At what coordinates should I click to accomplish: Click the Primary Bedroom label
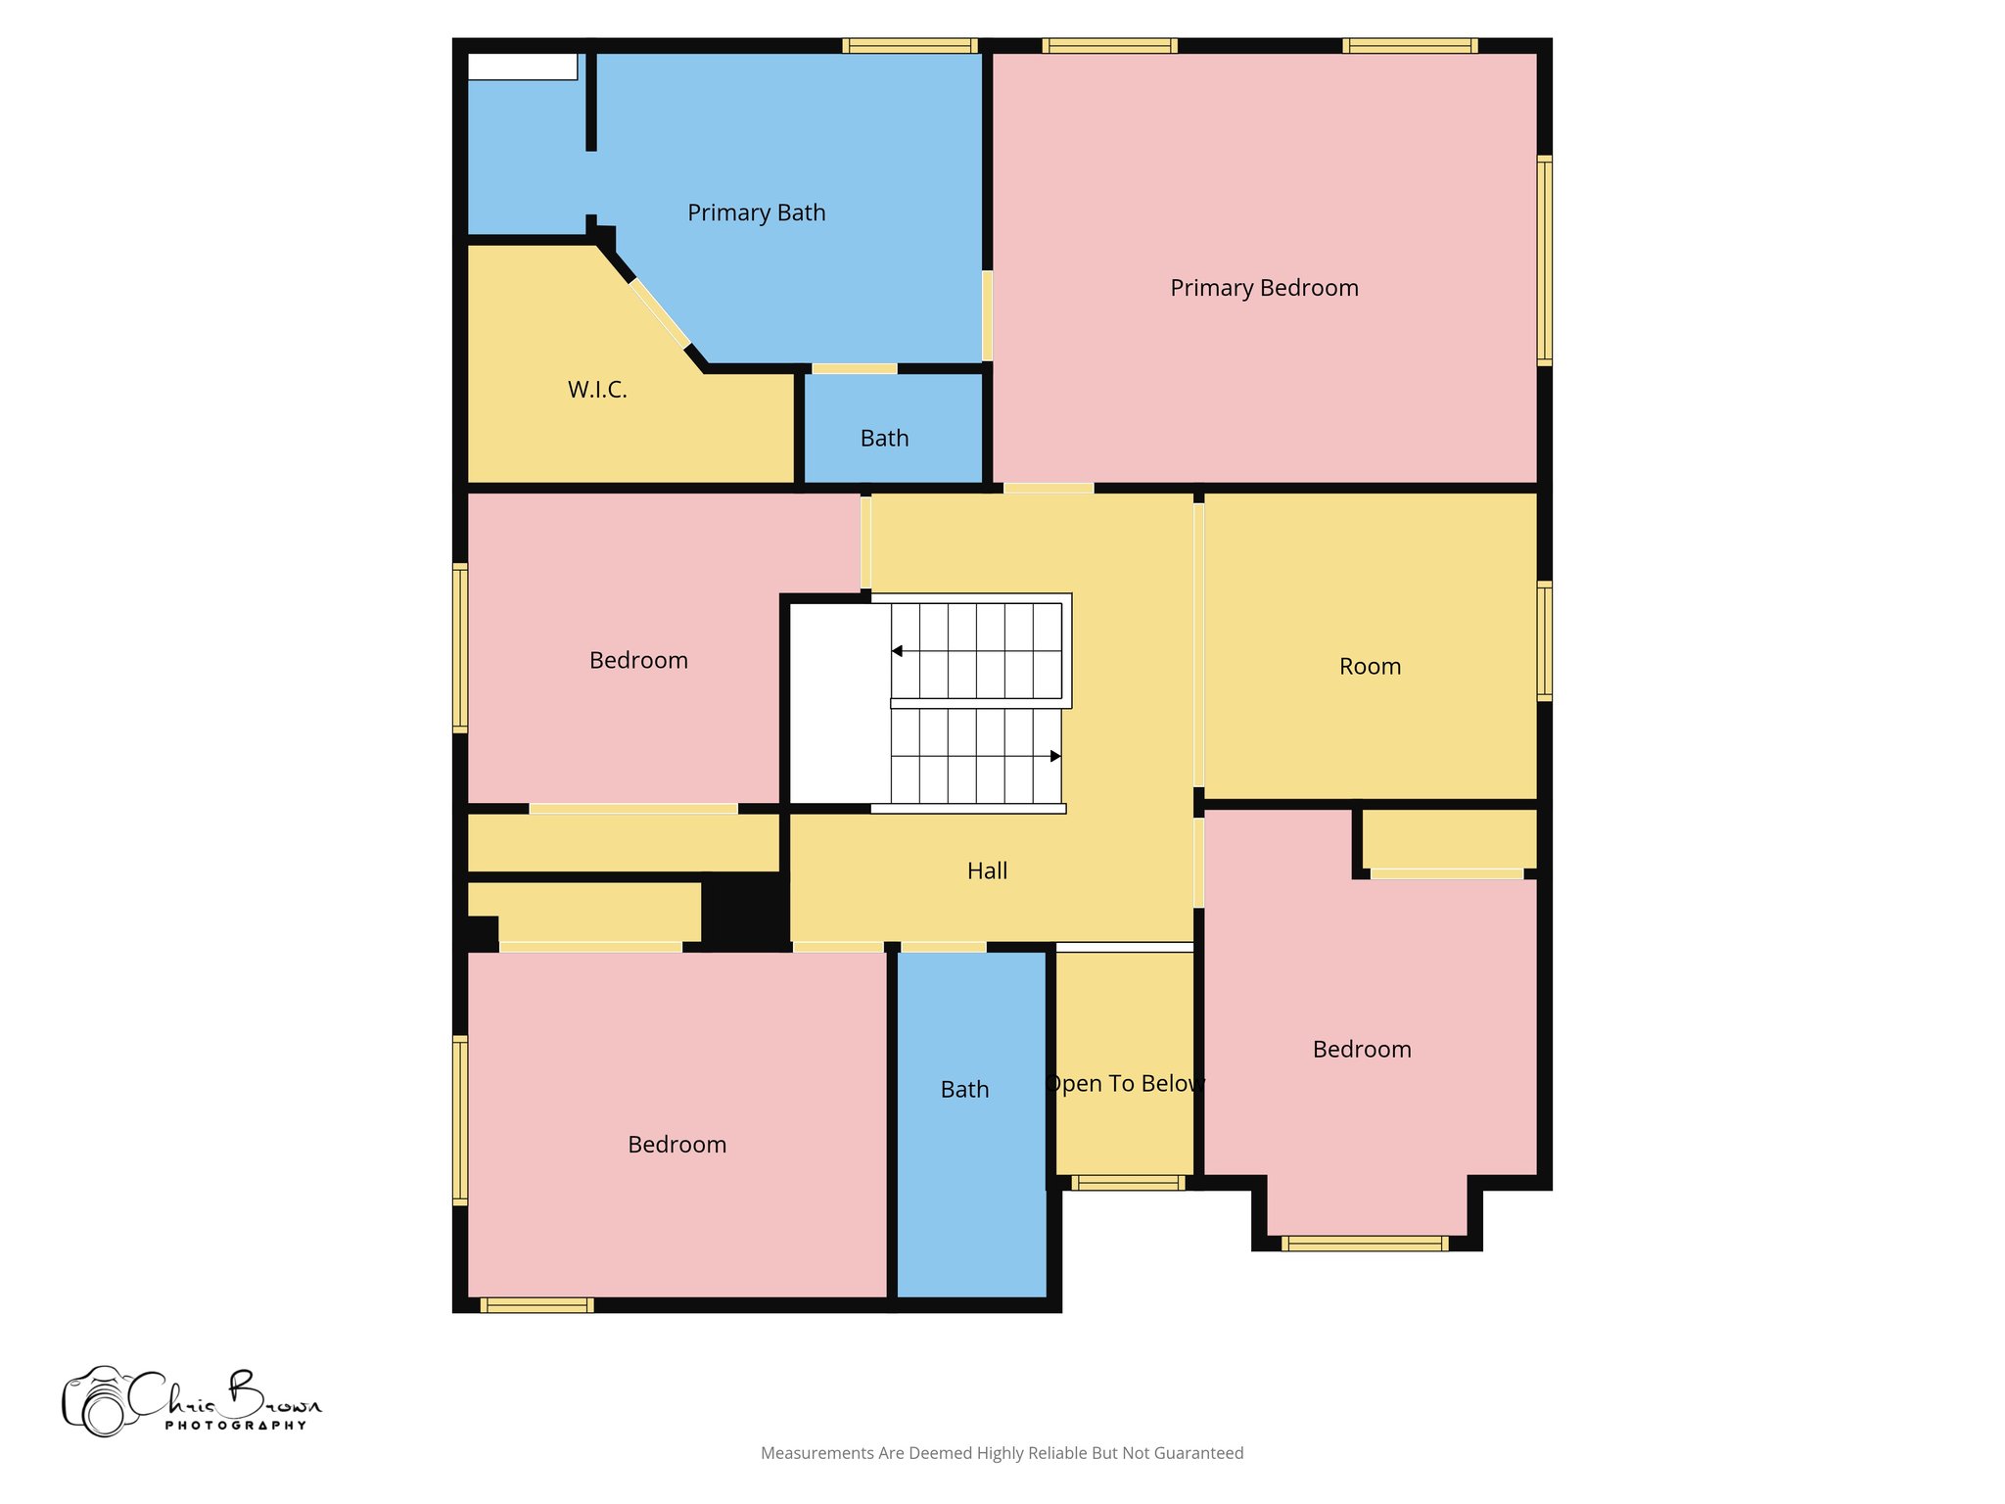point(1264,288)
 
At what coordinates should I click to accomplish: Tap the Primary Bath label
point(756,212)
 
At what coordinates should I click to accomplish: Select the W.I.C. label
point(597,390)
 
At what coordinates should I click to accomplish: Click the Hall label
point(987,870)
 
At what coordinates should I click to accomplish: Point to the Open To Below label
point(1125,1083)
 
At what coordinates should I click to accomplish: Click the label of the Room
point(1370,667)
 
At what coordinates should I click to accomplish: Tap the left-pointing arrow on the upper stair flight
point(897,651)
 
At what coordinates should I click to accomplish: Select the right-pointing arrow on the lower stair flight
point(1055,756)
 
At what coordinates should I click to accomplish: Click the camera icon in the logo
point(96,1402)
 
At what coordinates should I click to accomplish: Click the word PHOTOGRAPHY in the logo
point(236,1426)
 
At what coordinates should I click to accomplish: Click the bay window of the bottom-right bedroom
point(1365,1244)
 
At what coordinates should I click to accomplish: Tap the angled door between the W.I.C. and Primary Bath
point(659,313)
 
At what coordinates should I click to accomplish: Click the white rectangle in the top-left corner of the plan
point(522,67)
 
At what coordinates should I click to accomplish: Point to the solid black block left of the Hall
point(745,911)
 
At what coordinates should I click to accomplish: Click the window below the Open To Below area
point(1127,1183)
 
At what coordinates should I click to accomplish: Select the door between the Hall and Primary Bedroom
point(1048,488)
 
